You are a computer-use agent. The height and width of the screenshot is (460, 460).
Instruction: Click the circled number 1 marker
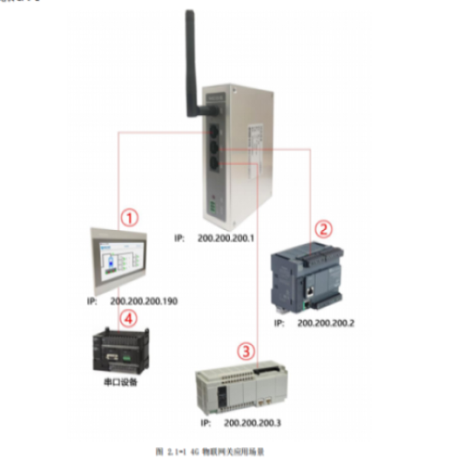pyautogui.click(x=133, y=218)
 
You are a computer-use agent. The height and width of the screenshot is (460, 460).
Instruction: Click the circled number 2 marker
pyautogui.click(x=324, y=228)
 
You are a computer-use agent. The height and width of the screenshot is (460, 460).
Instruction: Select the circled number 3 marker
pyautogui.click(x=245, y=352)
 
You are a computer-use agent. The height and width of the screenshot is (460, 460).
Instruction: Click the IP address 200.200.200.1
pyautogui.click(x=226, y=239)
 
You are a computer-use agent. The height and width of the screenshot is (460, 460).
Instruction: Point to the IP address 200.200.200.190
pyautogui.click(x=143, y=301)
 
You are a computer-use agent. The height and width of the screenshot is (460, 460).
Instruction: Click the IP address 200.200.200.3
pyautogui.click(x=252, y=422)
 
